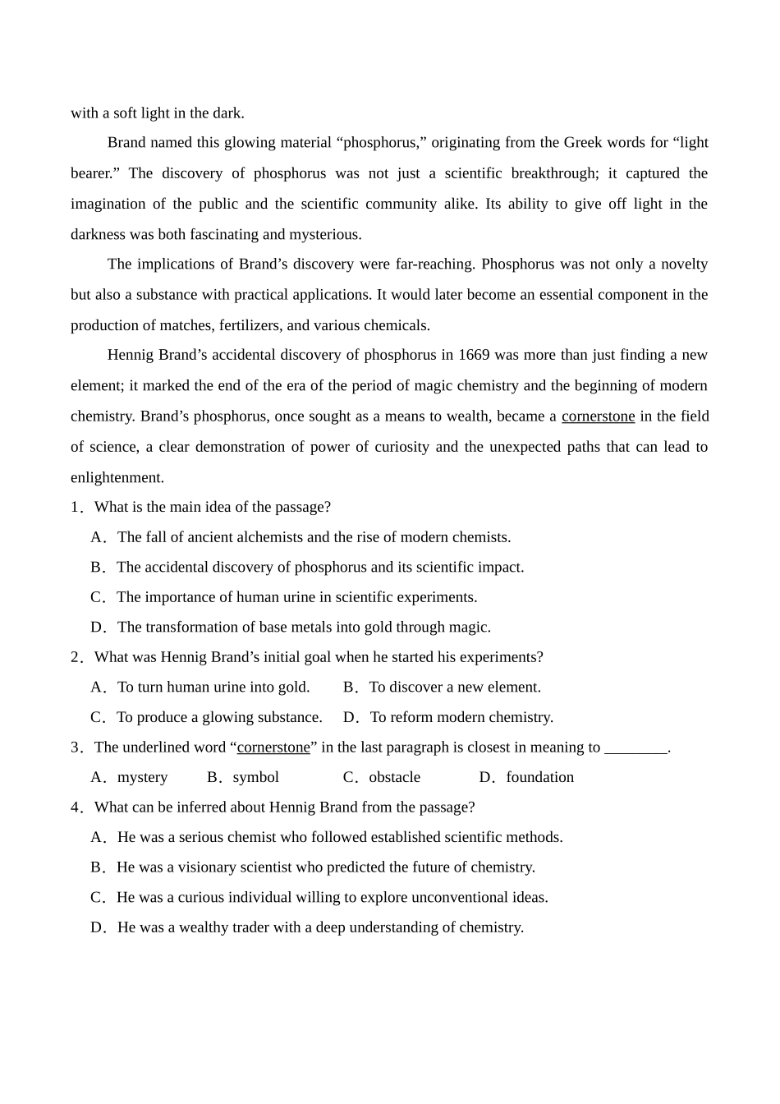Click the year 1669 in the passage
(474, 355)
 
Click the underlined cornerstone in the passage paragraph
(598, 416)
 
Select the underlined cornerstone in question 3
(273, 747)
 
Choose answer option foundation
(539, 777)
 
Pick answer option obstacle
(394, 777)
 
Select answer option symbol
(255, 777)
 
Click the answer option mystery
(142, 777)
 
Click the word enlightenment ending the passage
(116, 477)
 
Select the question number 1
(75, 507)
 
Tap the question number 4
(75, 807)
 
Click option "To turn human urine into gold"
(213, 687)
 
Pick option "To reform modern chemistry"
(461, 717)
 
